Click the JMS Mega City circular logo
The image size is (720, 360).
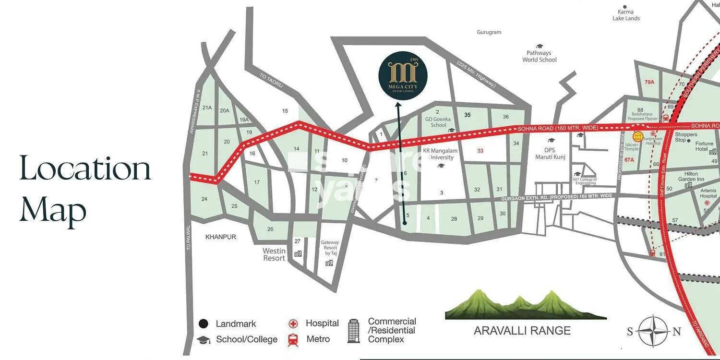403,76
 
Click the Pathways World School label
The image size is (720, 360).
540,57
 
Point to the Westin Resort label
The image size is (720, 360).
274,254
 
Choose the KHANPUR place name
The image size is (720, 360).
221,237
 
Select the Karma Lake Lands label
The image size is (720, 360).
626,15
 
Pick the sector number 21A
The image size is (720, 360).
207,108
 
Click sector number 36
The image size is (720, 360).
505,117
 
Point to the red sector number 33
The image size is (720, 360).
480,151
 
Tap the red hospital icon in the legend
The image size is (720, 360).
293,324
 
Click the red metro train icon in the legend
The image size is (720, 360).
293,340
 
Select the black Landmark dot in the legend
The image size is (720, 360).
204,324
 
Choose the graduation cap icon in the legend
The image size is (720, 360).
204,340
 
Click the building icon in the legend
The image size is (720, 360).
354,330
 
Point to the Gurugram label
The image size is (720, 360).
489,32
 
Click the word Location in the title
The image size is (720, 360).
85,168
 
